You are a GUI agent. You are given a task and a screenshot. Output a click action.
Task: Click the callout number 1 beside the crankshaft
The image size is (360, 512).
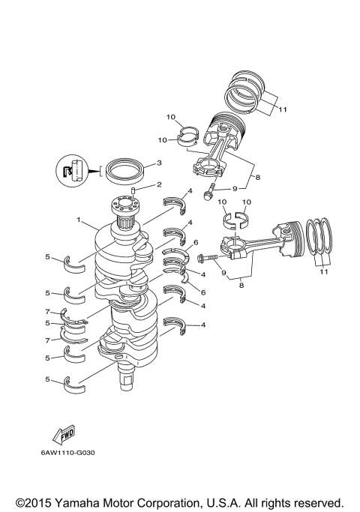coord(78,220)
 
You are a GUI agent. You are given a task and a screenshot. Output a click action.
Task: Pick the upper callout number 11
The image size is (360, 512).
coord(282,109)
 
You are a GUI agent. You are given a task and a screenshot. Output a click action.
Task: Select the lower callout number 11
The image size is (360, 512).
coord(324,272)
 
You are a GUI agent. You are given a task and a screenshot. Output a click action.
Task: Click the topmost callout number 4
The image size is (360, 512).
coord(190,193)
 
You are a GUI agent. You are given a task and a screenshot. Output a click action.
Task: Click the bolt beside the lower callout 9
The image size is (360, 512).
coord(207,258)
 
